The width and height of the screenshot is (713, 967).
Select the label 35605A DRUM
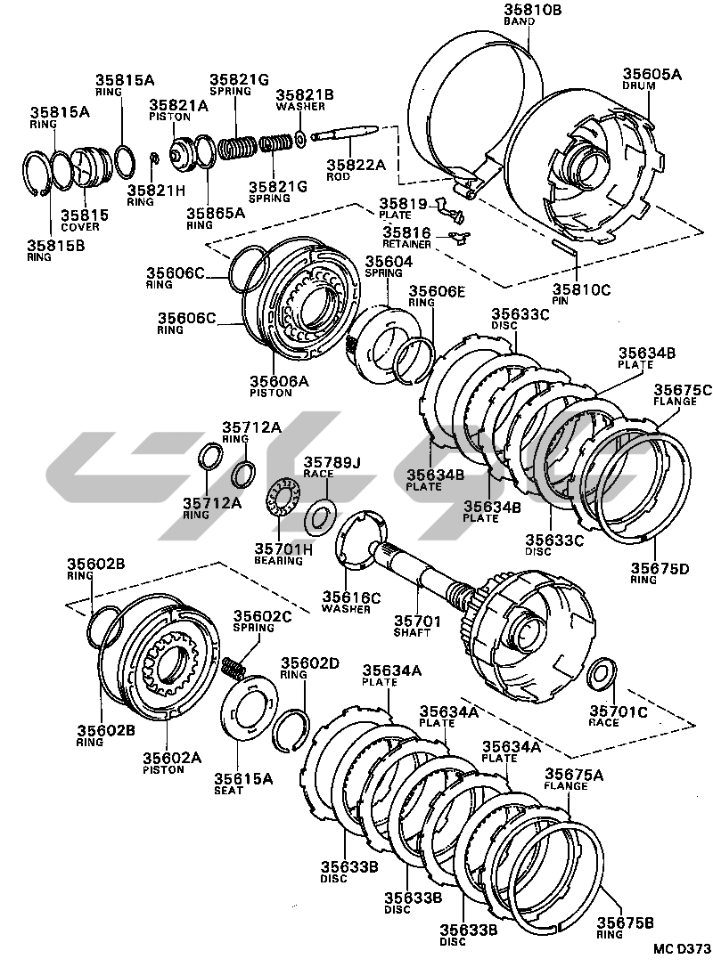pos(652,80)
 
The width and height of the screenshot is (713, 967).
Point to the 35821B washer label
pos(304,101)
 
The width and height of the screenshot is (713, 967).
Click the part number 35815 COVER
pos(85,219)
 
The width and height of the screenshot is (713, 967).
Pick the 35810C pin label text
pos(581,295)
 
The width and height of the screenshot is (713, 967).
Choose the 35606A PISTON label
pos(279,386)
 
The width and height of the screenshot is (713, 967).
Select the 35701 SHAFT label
pos(412,626)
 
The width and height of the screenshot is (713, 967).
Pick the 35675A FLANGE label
pos(574,780)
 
